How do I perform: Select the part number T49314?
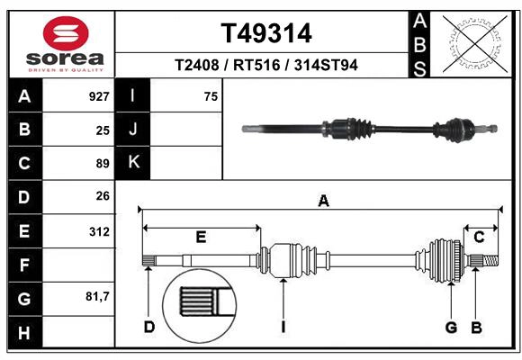pyautogui.click(x=266, y=33)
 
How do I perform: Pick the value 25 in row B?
pyautogui.click(x=103, y=130)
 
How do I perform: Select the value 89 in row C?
pyautogui.click(x=103, y=164)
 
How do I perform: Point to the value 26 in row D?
pyautogui.click(x=103, y=197)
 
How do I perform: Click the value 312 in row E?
pyautogui.click(x=99, y=231)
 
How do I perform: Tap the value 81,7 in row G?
pyautogui.click(x=97, y=298)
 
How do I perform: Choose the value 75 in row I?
pyautogui.click(x=211, y=96)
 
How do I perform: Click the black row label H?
pyautogui.click(x=24, y=332)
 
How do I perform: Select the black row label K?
pyautogui.click(x=133, y=163)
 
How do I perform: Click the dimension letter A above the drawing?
pyautogui.click(x=323, y=201)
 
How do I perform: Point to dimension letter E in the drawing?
pyautogui.click(x=201, y=238)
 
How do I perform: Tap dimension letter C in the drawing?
pyautogui.click(x=480, y=237)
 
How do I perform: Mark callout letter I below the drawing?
pyautogui.click(x=283, y=327)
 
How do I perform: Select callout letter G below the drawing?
pyautogui.click(x=452, y=327)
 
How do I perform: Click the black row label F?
pyautogui.click(x=24, y=265)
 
